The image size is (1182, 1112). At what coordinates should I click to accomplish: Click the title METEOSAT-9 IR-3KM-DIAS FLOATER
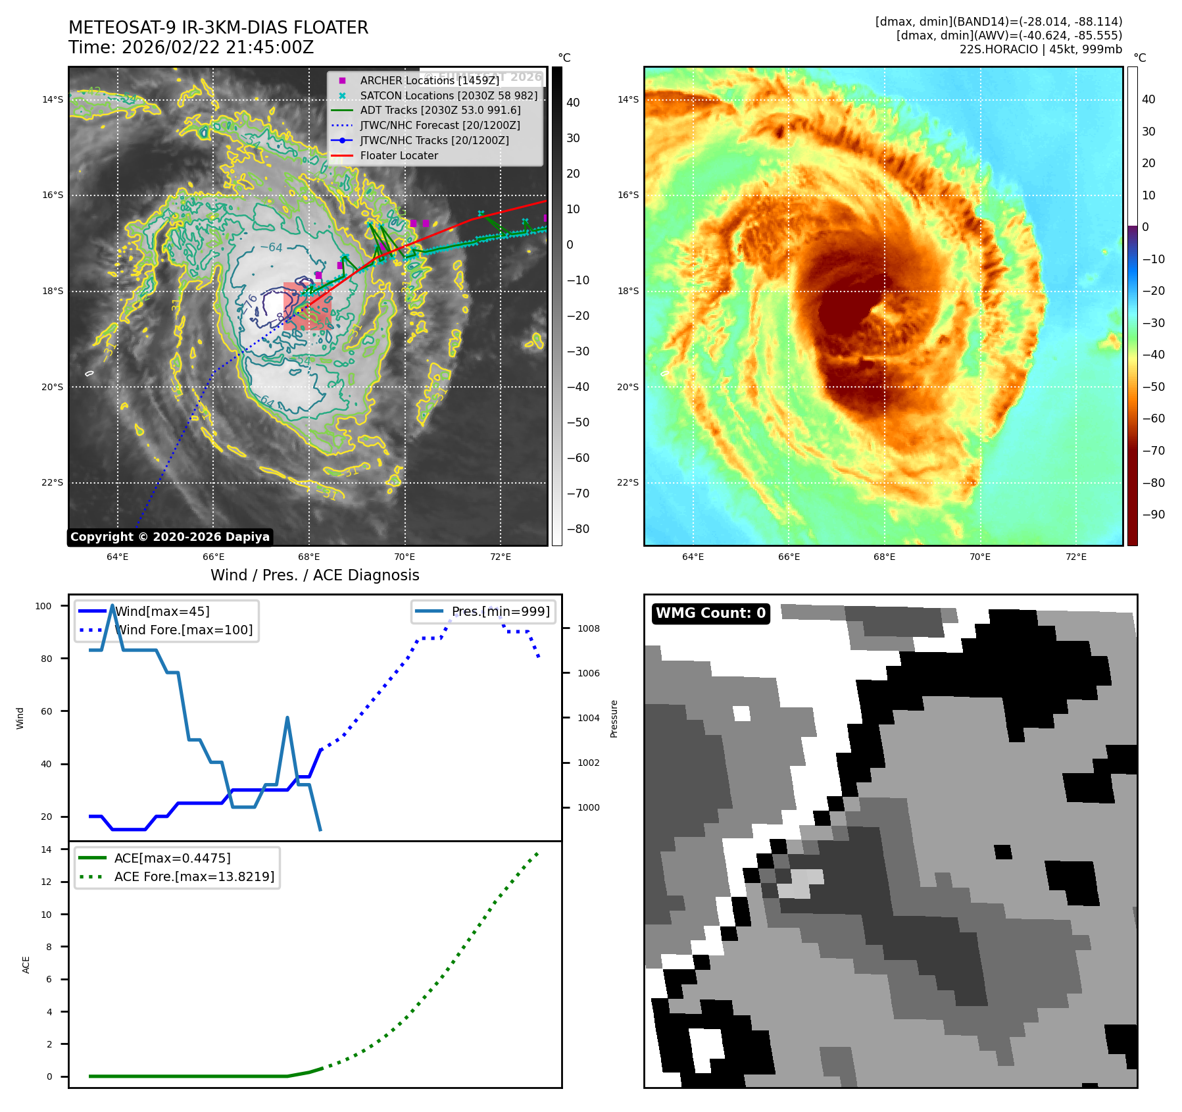click(218, 28)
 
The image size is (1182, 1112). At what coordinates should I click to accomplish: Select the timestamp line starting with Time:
click(191, 47)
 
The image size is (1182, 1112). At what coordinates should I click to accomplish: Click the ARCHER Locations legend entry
click(430, 80)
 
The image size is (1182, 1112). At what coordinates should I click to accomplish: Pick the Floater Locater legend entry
click(399, 155)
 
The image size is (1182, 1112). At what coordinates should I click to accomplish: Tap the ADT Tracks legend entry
click(440, 110)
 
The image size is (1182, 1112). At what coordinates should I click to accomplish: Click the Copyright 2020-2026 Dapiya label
click(170, 537)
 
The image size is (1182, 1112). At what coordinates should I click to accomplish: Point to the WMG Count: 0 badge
click(710, 613)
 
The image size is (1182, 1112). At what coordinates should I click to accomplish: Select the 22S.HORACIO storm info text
click(1041, 49)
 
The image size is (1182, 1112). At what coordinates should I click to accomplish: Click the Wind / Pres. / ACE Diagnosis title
click(314, 575)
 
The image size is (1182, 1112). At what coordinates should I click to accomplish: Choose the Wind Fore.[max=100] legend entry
click(184, 630)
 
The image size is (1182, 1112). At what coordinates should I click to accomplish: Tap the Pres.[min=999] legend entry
click(500, 611)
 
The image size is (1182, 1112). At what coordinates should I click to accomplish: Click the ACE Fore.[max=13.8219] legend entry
click(194, 876)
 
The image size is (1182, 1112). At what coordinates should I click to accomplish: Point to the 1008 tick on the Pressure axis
click(589, 628)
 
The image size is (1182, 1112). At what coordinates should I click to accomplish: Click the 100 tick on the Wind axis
click(43, 606)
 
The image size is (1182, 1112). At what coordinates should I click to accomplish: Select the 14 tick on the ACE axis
click(46, 849)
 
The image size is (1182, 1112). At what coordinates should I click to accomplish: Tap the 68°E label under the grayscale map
click(309, 557)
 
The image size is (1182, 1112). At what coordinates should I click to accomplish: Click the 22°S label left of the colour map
click(628, 482)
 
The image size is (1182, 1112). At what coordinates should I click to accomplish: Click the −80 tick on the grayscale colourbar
click(578, 529)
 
